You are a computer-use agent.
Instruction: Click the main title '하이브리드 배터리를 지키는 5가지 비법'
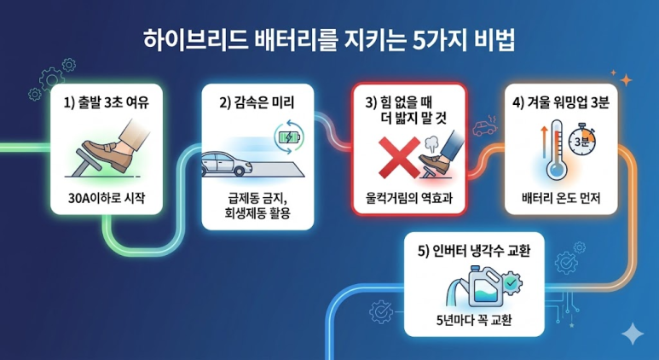(x=329, y=40)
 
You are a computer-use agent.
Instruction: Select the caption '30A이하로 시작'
(x=105, y=200)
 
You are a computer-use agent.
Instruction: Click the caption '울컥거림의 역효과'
(x=408, y=200)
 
